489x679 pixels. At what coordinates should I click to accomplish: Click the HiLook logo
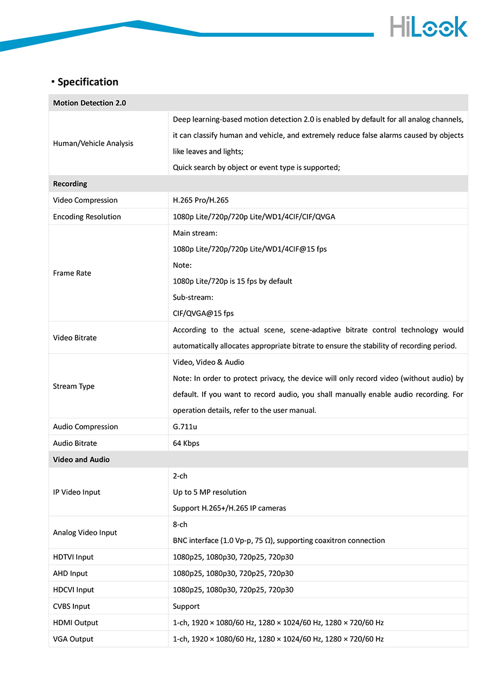tap(428, 27)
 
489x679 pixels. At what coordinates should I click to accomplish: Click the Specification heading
tap(87, 82)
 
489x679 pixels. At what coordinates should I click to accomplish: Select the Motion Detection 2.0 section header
tap(90, 103)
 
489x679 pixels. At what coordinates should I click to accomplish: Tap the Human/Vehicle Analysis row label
tap(93, 143)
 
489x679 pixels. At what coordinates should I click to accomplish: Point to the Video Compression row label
tap(85, 200)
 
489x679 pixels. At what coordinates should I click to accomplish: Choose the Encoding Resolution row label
tap(87, 217)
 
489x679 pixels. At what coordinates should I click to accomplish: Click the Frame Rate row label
tap(72, 273)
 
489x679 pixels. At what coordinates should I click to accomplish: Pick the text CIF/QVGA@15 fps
tap(203, 313)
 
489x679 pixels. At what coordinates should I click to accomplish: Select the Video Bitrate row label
tap(75, 338)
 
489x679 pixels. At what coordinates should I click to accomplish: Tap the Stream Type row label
tap(74, 386)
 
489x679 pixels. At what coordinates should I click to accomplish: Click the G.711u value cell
tap(185, 427)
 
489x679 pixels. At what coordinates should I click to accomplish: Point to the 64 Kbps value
tap(186, 443)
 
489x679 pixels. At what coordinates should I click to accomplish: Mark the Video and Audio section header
tap(81, 460)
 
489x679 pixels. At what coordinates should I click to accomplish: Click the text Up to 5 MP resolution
tap(210, 492)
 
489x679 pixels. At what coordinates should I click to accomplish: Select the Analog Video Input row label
tap(85, 532)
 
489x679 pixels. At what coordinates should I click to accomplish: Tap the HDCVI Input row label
tap(73, 590)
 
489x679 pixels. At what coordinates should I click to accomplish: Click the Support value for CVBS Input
tap(186, 606)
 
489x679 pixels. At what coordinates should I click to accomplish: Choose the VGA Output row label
tap(73, 639)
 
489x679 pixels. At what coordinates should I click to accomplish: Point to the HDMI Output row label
tap(76, 623)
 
